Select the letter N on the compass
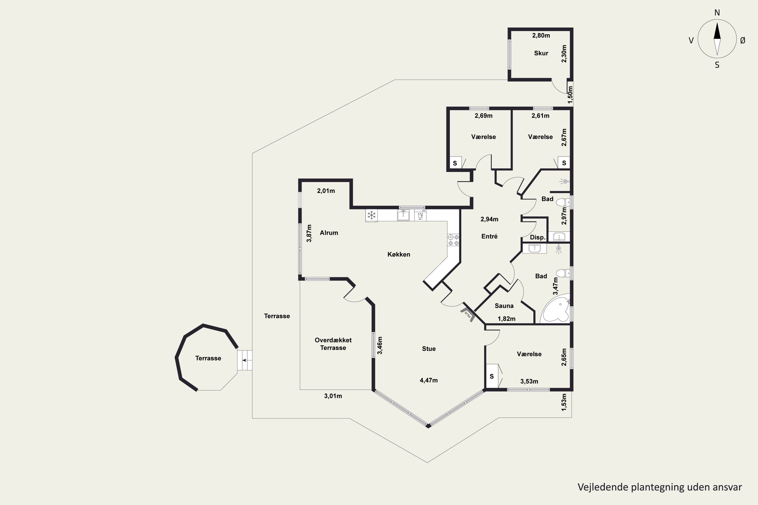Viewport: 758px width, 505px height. (717, 13)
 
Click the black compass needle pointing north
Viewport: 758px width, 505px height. (717, 31)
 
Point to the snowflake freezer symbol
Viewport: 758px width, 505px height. (372, 215)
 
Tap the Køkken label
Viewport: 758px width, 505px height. (399, 255)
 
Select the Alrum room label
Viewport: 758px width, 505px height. (329, 233)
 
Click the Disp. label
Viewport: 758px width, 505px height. (538, 238)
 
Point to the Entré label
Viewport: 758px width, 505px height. (489, 236)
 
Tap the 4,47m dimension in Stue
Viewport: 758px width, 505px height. (429, 380)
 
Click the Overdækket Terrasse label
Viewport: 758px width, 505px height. (333, 344)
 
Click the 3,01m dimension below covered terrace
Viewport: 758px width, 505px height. (333, 396)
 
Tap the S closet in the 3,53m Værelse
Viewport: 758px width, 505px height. (492, 376)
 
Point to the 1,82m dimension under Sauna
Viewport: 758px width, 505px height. (506, 319)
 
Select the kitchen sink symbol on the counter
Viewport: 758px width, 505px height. (403, 215)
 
